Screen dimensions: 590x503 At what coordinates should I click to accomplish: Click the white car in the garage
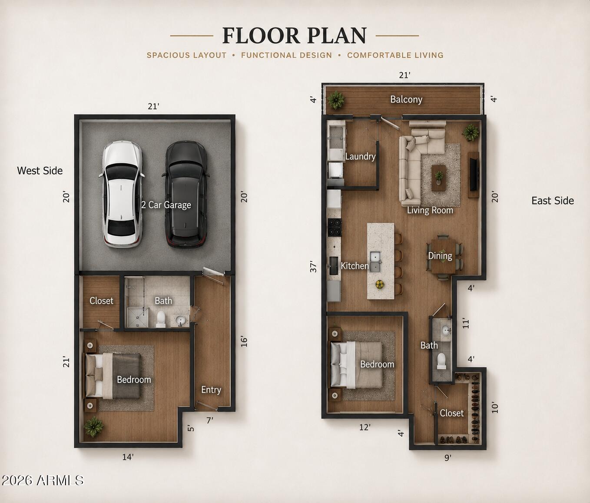click(x=122, y=194)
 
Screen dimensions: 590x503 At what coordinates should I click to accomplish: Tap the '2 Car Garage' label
click(x=166, y=205)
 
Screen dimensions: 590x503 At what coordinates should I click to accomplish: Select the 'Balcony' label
click(x=406, y=99)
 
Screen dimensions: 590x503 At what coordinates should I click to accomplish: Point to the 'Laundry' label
click(x=360, y=156)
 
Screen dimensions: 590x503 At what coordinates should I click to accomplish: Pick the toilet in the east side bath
click(x=441, y=361)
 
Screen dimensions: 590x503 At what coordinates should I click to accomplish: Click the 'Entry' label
click(x=211, y=390)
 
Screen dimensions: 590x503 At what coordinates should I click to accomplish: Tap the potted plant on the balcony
click(x=336, y=100)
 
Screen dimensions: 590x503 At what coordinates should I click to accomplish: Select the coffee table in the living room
click(x=439, y=178)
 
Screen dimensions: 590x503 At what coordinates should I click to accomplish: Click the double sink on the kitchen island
click(x=376, y=261)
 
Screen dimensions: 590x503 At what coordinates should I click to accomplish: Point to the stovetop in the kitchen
click(x=335, y=227)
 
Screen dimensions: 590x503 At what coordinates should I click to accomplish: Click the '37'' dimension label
click(x=313, y=266)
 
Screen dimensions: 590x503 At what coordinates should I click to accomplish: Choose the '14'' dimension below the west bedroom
click(x=128, y=457)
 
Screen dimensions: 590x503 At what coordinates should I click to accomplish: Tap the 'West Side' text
click(x=40, y=171)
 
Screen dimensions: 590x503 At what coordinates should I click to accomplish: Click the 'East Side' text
click(x=553, y=201)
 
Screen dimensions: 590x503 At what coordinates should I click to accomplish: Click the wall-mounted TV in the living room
click(x=474, y=175)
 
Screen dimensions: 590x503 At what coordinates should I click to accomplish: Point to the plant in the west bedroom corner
click(x=93, y=427)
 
